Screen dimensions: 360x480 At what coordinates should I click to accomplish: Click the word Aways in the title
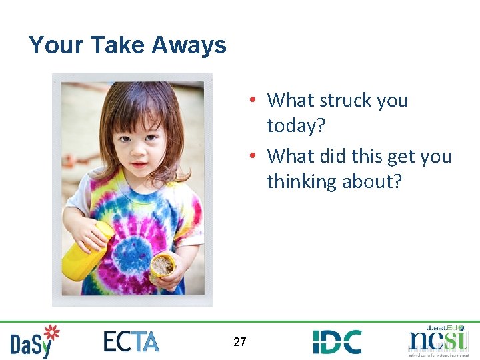point(189,45)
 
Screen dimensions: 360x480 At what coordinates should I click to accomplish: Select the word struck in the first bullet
point(346,100)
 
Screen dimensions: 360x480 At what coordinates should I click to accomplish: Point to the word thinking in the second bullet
point(301,181)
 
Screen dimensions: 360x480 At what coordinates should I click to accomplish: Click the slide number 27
point(240,342)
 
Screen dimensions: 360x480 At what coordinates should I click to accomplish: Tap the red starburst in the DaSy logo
point(51,333)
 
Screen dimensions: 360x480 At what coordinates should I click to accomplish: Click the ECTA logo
point(131,341)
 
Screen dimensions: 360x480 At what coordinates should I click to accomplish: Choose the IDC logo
point(337,341)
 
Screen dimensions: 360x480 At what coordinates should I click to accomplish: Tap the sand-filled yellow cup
point(162,267)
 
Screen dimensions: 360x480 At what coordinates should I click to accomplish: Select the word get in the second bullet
point(394,157)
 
